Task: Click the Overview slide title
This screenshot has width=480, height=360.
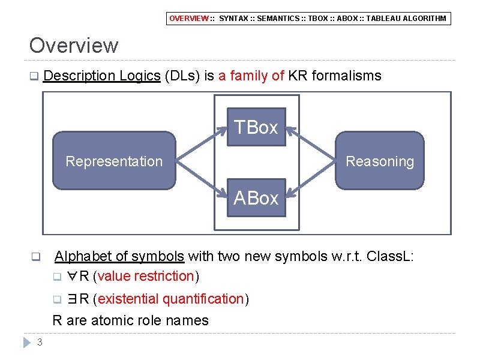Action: click(x=74, y=46)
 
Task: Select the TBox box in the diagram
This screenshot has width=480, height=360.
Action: click(x=256, y=127)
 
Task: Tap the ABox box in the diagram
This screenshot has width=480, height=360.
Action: click(x=256, y=198)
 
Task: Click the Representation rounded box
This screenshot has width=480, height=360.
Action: click(x=114, y=161)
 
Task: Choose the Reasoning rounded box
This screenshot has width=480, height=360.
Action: click(x=380, y=161)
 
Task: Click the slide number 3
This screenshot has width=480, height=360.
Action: click(x=39, y=343)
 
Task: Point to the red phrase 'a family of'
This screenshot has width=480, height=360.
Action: click(x=251, y=76)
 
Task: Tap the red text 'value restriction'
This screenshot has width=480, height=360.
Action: click(x=146, y=276)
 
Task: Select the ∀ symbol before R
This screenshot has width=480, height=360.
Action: click(x=72, y=277)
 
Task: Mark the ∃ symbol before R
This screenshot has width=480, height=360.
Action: click(x=73, y=299)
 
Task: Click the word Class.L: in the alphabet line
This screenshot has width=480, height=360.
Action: click(x=390, y=257)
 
